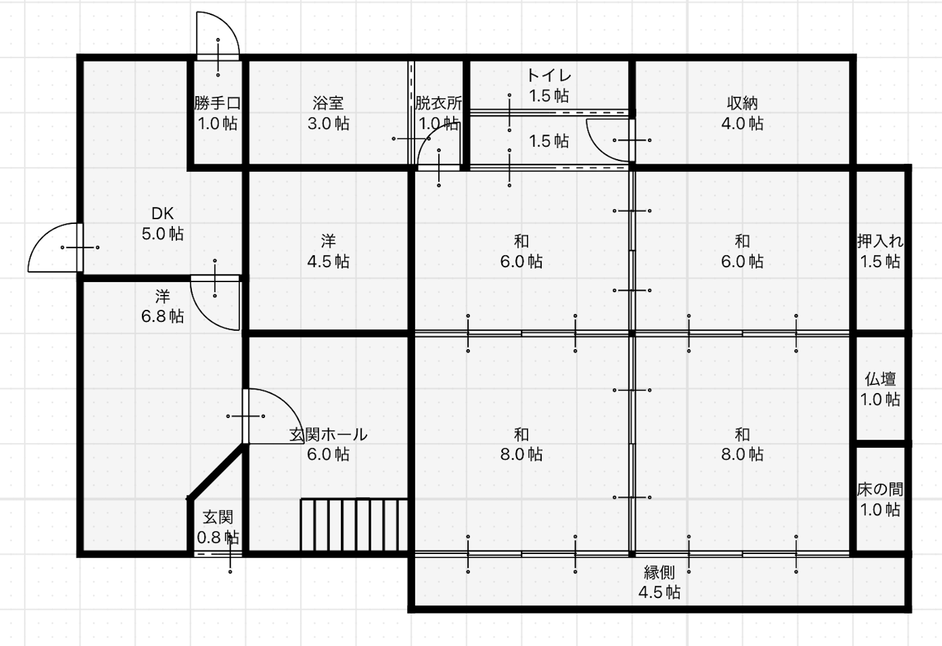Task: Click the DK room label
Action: coord(163,214)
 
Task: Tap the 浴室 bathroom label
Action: coord(328,103)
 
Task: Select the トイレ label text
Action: coord(549,75)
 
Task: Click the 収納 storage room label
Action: coord(742,103)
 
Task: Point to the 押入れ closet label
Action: coord(880,241)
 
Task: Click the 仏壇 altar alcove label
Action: coord(880,379)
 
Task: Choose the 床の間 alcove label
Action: coord(880,489)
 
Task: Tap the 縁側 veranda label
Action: coord(659,572)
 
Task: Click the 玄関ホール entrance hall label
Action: coord(328,434)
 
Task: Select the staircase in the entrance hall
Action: coord(354,524)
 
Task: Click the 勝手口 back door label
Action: coord(217,103)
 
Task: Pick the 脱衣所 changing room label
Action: coord(438,103)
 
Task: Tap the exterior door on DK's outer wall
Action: coord(55,248)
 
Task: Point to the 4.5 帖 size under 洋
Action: coord(328,261)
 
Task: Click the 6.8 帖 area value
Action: coord(163,316)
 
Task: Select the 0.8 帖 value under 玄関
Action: coord(217,537)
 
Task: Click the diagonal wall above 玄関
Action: coord(217,471)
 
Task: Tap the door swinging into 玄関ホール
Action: coord(273,416)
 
